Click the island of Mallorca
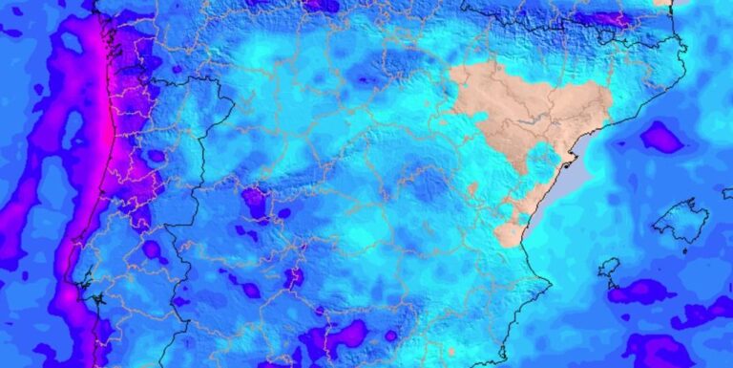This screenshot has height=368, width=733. pyautogui.click(x=681, y=221)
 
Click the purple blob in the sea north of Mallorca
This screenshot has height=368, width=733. pyautogui.click(x=661, y=139)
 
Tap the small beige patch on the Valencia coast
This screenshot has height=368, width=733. pyautogui.click(x=510, y=234)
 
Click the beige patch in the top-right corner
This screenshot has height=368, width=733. pyautogui.click(x=662, y=3)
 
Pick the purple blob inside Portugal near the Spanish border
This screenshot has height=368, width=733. pyautogui.click(x=152, y=249)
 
